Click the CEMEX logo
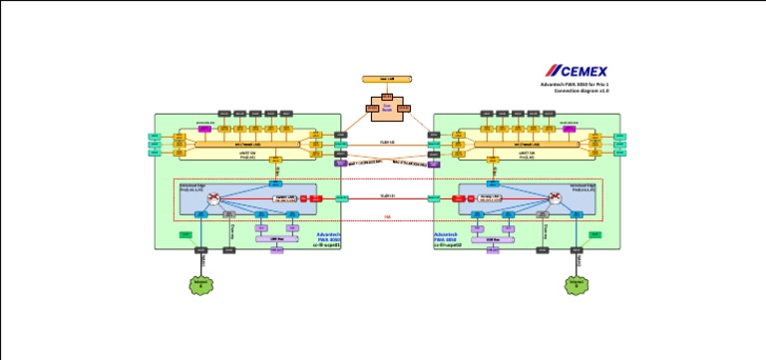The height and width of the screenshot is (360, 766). (576, 71)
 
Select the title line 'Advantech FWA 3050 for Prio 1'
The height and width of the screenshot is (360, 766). (575, 85)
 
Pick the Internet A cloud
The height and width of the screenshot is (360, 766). (202, 284)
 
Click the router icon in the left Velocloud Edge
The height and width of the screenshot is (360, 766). (213, 200)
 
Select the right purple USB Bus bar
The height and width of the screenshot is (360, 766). (492, 239)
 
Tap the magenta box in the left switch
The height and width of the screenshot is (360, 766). (203, 129)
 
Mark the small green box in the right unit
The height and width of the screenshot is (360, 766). (595, 234)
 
